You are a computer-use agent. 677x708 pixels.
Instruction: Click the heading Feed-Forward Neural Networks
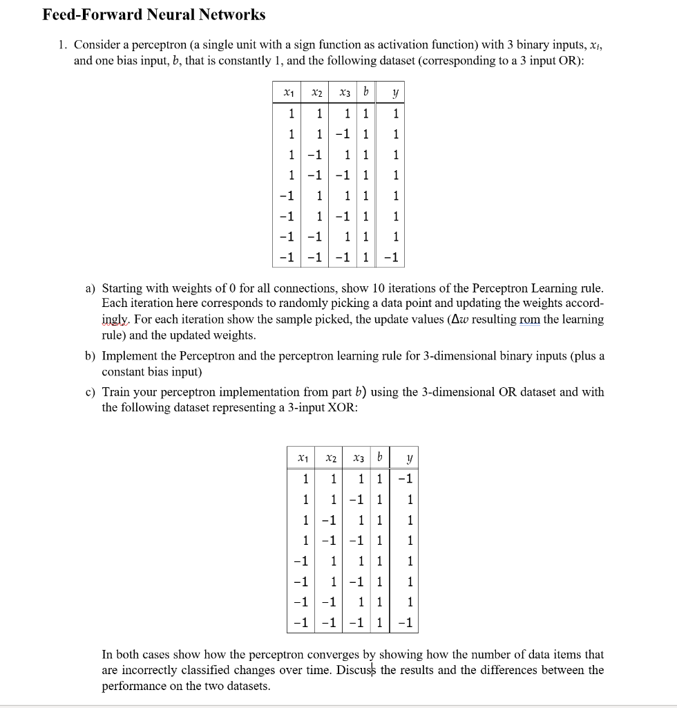coord(153,15)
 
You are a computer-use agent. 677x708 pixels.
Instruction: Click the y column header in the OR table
coord(395,92)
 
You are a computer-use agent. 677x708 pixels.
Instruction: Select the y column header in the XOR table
coord(409,458)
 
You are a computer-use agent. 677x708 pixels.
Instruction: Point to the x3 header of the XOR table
coord(357,458)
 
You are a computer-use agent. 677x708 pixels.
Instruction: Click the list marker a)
coord(91,288)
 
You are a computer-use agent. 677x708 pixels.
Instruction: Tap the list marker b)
coord(91,355)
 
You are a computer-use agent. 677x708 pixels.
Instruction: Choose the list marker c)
coord(91,392)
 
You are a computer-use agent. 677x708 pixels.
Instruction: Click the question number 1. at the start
coord(63,45)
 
